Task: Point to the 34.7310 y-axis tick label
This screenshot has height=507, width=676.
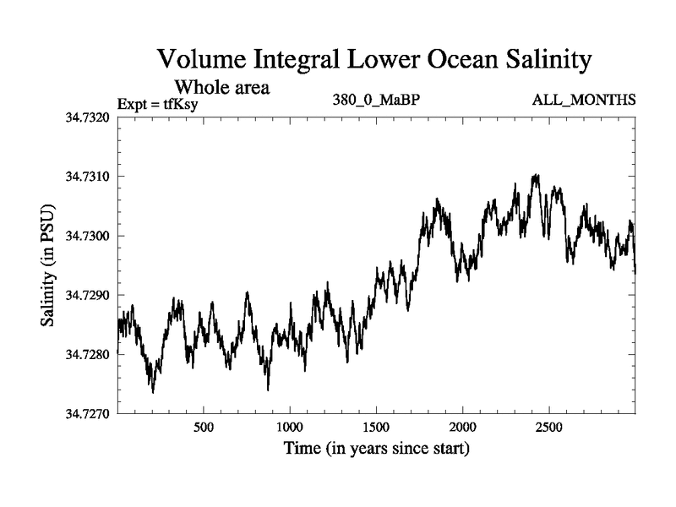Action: coord(86,177)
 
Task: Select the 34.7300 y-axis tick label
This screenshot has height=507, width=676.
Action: coord(86,236)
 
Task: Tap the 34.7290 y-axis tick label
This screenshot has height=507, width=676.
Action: coord(86,296)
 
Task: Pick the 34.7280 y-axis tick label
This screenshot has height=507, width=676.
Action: coord(86,355)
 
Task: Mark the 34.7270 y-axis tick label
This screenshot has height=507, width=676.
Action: coord(86,415)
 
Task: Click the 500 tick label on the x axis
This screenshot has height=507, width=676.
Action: coord(203,428)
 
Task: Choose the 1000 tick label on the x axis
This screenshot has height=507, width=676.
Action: coord(290,428)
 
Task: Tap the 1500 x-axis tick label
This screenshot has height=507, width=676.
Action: coord(376,428)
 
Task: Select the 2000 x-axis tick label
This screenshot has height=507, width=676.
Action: coord(462,428)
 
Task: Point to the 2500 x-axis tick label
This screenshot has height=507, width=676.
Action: coord(549,428)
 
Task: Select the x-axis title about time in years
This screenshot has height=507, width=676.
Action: coord(377,448)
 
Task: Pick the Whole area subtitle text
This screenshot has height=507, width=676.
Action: coord(221,86)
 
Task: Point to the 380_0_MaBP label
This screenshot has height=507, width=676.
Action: coord(377,101)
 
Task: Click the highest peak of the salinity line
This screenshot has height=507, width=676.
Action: coord(536,175)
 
